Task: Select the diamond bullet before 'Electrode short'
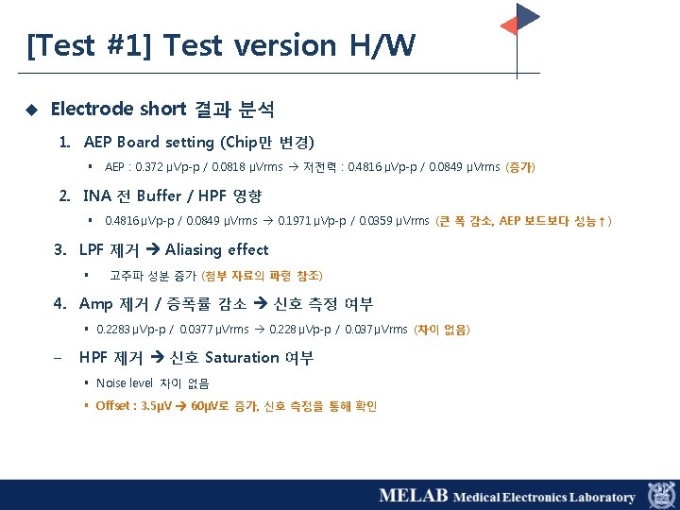click(30, 110)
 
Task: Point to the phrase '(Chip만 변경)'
click(267, 143)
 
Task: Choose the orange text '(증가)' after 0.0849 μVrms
click(520, 168)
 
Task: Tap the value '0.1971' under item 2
click(295, 222)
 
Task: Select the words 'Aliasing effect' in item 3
click(216, 250)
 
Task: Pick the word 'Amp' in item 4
click(95, 304)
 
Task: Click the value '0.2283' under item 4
click(114, 330)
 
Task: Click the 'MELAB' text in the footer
click(412, 496)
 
